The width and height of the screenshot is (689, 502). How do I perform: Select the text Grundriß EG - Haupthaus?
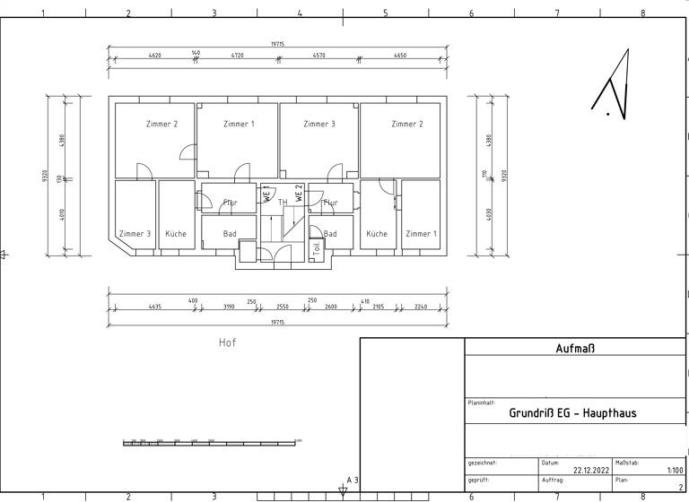(x=572, y=413)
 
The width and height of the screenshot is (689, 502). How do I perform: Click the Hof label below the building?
(x=228, y=342)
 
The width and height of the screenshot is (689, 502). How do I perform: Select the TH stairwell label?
(x=283, y=203)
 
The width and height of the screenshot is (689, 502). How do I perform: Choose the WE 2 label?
(x=300, y=192)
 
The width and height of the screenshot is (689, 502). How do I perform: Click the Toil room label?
(x=317, y=248)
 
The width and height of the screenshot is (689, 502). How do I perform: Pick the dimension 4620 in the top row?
(x=154, y=56)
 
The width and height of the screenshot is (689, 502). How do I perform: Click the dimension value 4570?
(x=318, y=56)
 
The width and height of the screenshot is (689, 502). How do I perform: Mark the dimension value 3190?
(x=229, y=307)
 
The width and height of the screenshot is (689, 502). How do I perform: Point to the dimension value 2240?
(x=421, y=307)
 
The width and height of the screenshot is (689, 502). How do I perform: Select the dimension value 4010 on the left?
(x=62, y=217)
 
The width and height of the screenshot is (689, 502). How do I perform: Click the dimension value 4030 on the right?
(x=489, y=217)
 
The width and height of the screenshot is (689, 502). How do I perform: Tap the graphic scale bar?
(x=211, y=441)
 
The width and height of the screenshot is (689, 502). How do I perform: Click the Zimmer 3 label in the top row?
(x=318, y=124)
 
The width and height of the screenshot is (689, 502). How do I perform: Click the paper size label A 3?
(x=353, y=481)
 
